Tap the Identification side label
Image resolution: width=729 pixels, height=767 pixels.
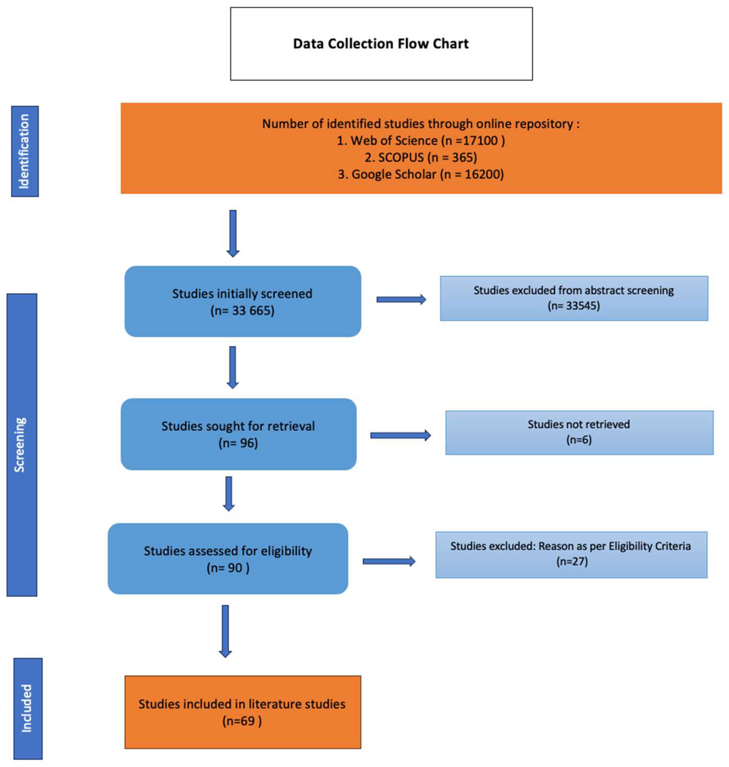[x=25, y=151]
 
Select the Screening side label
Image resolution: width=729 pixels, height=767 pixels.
[x=21, y=445]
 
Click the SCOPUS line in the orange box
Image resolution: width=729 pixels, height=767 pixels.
[x=420, y=157]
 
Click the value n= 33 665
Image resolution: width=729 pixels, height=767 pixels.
[x=242, y=311]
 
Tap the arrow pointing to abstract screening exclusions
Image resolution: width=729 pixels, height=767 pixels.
[x=401, y=300]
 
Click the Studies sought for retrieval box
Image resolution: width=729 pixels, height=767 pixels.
[x=238, y=434]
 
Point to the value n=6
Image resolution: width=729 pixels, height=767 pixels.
[x=579, y=440]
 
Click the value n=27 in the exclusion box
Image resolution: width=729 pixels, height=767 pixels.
[x=572, y=562]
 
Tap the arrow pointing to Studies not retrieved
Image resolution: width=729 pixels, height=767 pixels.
[x=400, y=435]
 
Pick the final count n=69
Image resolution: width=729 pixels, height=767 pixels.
[x=242, y=721]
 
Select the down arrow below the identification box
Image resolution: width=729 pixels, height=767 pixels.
[x=233, y=233]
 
